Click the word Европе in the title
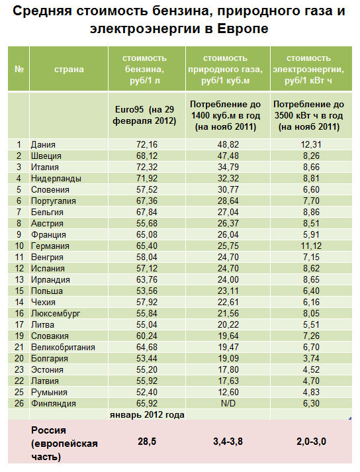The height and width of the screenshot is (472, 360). [x=242, y=29]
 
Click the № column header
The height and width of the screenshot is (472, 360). [x=19, y=69]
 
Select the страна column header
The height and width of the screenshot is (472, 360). [x=69, y=70]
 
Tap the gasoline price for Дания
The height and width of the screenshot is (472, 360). [x=147, y=144]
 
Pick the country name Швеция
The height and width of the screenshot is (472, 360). [x=46, y=156]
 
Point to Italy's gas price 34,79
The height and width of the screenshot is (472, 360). [x=228, y=167]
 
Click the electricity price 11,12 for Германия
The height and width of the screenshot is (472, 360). [x=311, y=246]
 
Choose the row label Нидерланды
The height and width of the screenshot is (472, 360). [x=56, y=179]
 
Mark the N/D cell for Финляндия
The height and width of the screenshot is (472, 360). [x=228, y=403]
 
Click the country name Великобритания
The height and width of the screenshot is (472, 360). [x=63, y=348]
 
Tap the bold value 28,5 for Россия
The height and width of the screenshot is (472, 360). [x=147, y=442]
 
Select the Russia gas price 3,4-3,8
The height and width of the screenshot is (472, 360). [x=228, y=442]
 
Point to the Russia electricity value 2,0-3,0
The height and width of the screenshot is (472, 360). [x=311, y=442]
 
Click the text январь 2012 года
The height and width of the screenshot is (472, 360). [x=147, y=415]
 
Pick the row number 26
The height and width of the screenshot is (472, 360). [x=19, y=403]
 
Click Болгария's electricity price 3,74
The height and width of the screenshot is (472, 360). [x=311, y=359]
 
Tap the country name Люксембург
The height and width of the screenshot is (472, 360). [x=56, y=314]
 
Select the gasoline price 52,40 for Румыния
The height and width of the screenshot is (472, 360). [x=147, y=392]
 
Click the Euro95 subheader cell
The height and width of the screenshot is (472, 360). [x=144, y=115]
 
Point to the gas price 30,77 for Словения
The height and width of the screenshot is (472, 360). [x=228, y=189]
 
